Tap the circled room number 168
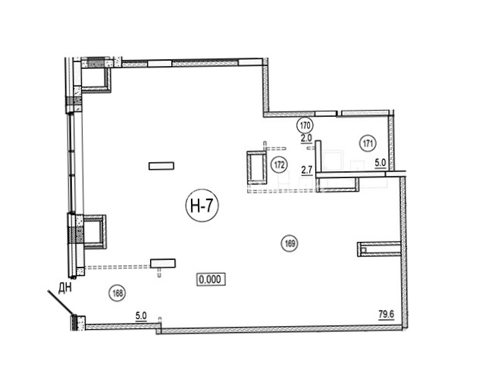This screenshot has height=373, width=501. point(117,293)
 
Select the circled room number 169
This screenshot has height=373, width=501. point(290,243)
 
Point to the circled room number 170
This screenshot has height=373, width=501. point(305,125)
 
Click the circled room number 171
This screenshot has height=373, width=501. point(368,143)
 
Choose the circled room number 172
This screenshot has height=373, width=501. point(279,165)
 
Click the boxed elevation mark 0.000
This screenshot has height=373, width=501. point(211,279)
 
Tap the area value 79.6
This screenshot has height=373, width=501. point(387,315)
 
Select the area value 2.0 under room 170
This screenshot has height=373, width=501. point(306,139)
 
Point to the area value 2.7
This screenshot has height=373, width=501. point(307,170)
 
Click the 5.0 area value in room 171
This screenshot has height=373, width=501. point(380,163)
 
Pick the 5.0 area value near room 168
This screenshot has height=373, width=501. point(141,316)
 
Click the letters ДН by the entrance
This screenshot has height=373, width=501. point(65,288)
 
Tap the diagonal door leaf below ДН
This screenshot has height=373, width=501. point(60,303)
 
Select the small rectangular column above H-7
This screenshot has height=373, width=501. point(161,166)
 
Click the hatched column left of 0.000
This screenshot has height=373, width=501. point(163,263)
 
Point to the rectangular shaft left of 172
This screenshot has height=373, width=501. point(257,168)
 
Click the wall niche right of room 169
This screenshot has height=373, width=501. point(379,249)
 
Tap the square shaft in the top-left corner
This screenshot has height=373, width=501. point(96,79)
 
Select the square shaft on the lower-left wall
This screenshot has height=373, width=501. point(95,232)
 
